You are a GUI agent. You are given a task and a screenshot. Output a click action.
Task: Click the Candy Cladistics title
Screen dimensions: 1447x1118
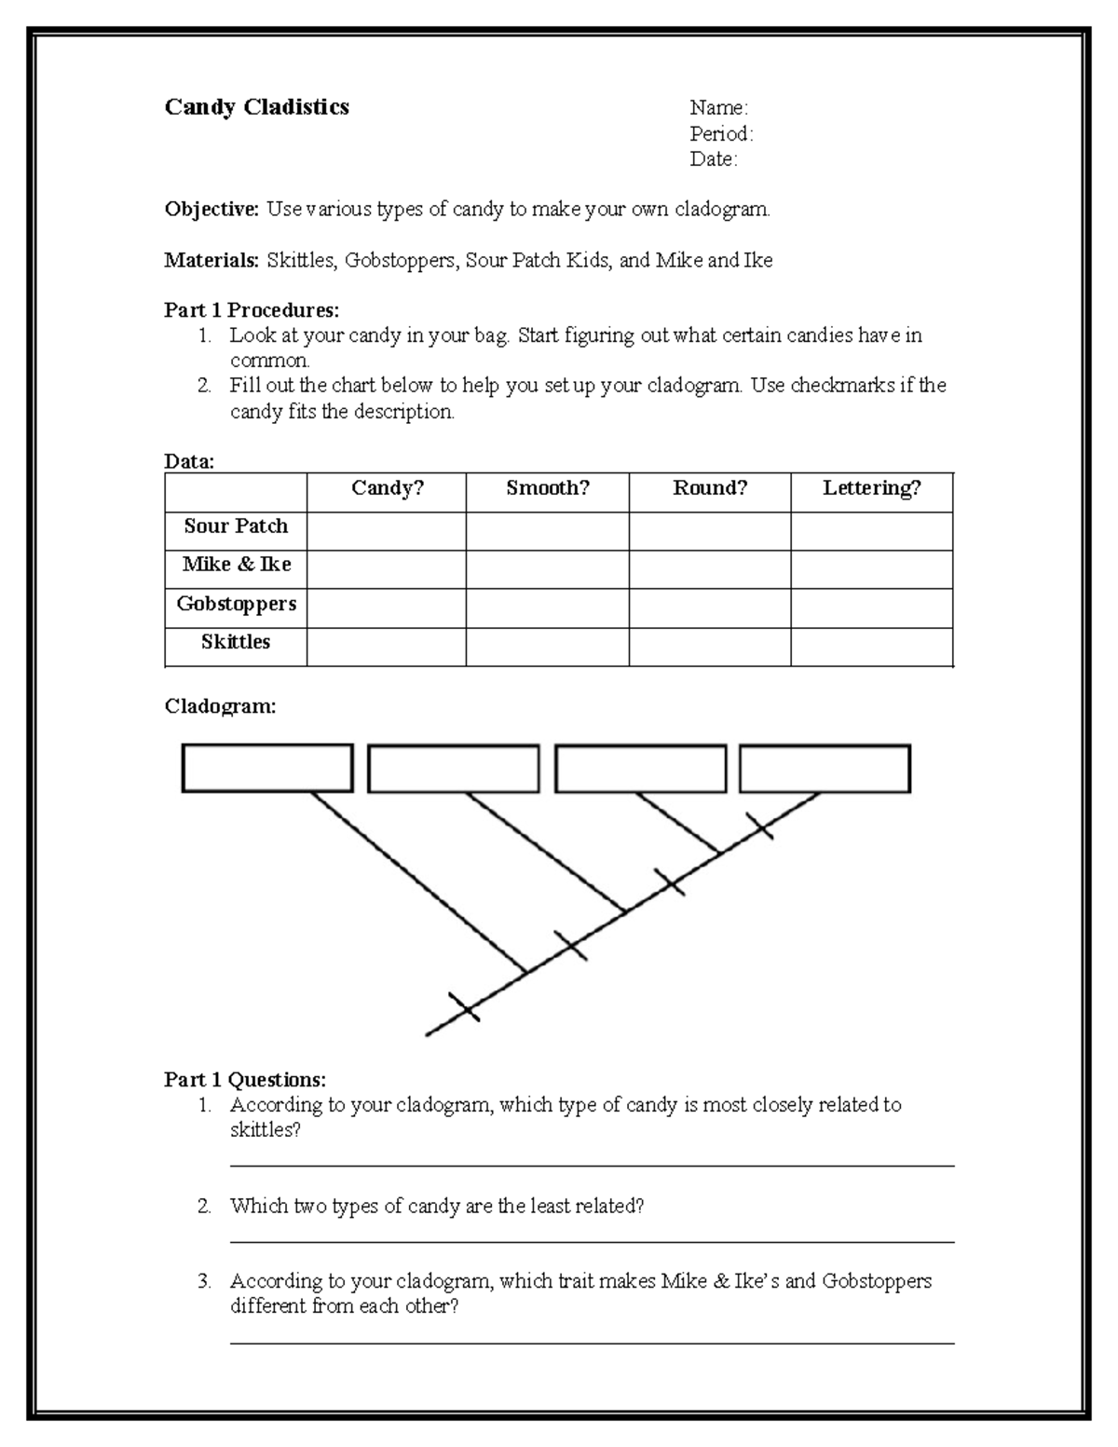pyautogui.click(x=256, y=107)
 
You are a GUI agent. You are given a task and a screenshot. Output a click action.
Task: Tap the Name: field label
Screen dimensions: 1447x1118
pyautogui.click(x=718, y=108)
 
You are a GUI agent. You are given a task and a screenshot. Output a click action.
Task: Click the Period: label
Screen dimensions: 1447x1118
pyautogui.click(x=721, y=133)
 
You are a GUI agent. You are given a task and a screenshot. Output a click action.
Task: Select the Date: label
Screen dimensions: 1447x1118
pyautogui.click(x=713, y=159)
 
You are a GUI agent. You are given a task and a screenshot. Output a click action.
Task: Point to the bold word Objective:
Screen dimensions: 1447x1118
pyautogui.click(x=211, y=210)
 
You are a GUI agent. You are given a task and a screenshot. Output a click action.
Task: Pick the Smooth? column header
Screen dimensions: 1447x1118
pyautogui.click(x=547, y=488)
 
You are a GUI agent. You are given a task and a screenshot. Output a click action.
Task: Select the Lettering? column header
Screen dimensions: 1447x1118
pyautogui.click(x=871, y=488)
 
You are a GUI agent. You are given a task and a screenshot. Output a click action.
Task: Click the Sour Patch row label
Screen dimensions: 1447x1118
pyautogui.click(x=236, y=526)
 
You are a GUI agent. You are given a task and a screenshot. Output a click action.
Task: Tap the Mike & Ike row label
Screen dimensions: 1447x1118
pyautogui.click(x=237, y=565)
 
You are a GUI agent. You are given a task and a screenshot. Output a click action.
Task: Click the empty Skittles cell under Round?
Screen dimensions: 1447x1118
pyautogui.click(x=709, y=646)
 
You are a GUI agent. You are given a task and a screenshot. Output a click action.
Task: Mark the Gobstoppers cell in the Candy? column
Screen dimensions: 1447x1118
pyautogui.click(x=386, y=607)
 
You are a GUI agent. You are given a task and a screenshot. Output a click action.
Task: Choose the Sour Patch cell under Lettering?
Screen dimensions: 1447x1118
pyautogui.click(x=871, y=531)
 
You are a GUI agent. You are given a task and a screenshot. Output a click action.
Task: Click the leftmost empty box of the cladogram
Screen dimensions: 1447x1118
pyautogui.click(x=266, y=769)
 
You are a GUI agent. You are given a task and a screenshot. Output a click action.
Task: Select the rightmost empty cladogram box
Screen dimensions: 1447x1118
pyautogui.click(x=825, y=769)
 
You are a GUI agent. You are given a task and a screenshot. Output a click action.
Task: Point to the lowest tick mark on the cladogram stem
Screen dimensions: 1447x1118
pyautogui.click(x=463, y=1006)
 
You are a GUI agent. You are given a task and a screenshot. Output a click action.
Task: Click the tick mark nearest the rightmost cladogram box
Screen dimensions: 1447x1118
pyautogui.click(x=759, y=825)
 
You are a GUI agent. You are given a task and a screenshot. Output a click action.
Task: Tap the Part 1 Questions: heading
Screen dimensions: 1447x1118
pyautogui.click(x=245, y=1080)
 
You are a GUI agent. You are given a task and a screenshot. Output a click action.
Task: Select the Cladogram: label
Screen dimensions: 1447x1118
pyautogui.click(x=220, y=706)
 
